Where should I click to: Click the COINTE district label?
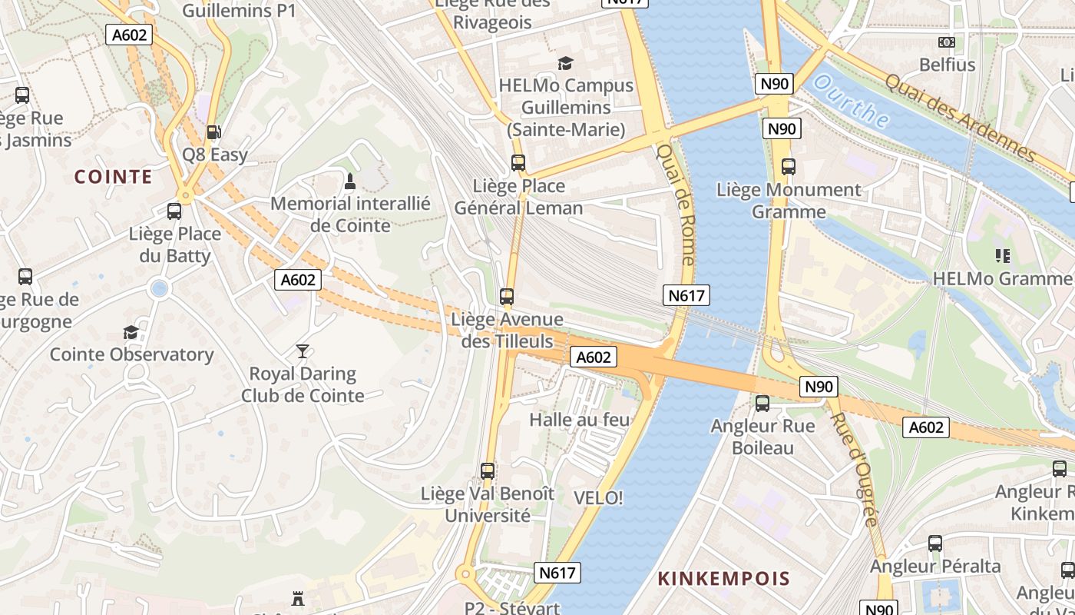tap(113, 177)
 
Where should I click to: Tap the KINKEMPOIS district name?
tap(723, 578)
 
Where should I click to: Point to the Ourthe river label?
tap(852, 101)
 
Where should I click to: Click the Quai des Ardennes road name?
tap(959, 118)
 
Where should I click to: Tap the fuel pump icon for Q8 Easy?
tap(214, 132)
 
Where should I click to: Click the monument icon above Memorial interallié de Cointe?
tap(350, 182)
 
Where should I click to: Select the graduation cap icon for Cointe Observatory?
tap(131, 332)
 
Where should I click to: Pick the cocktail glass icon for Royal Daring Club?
tap(303, 351)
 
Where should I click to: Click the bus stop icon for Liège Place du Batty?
tap(174, 211)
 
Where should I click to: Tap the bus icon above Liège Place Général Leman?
tap(518, 163)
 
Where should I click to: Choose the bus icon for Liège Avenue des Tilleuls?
tap(507, 296)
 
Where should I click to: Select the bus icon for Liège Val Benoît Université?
tap(488, 470)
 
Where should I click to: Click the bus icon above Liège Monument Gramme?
tap(789, 166)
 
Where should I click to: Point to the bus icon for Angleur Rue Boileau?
tap(762, 403)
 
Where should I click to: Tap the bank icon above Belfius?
tap(947, 42)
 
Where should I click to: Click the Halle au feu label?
tap(579, 420)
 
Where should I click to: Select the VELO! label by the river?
tap(598, 498)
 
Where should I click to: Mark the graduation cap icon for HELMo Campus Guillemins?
tap(566, 63)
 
